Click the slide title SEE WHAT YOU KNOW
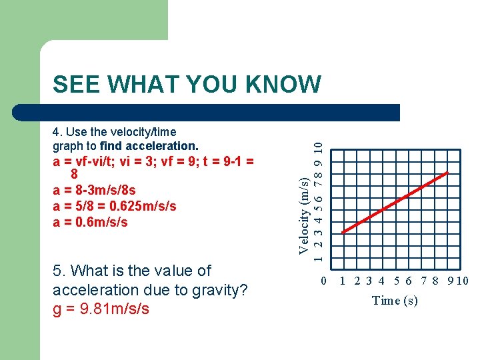(187, 85)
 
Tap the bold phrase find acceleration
(149, 145)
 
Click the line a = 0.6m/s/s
(90, 221)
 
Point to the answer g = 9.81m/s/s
(101, 309)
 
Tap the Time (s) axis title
(395, 300)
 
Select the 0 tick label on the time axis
(324, 281)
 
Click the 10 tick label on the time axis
(462, 281)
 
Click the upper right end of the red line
(448, 173)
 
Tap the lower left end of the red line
(343, 232)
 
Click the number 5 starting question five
(57, 271)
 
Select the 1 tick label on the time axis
(343, 281)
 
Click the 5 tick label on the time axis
(397, 281)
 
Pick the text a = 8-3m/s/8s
(94, 191)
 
